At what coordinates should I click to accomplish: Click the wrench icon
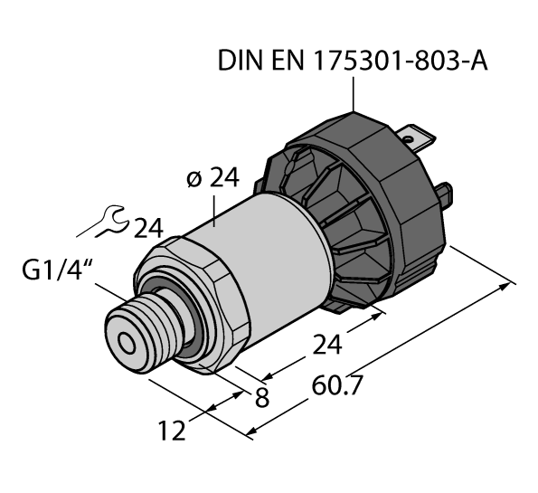pyautogui.click(x=112, y=220)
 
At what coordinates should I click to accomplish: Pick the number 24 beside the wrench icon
pyautogui.click(x=152, y=227)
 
